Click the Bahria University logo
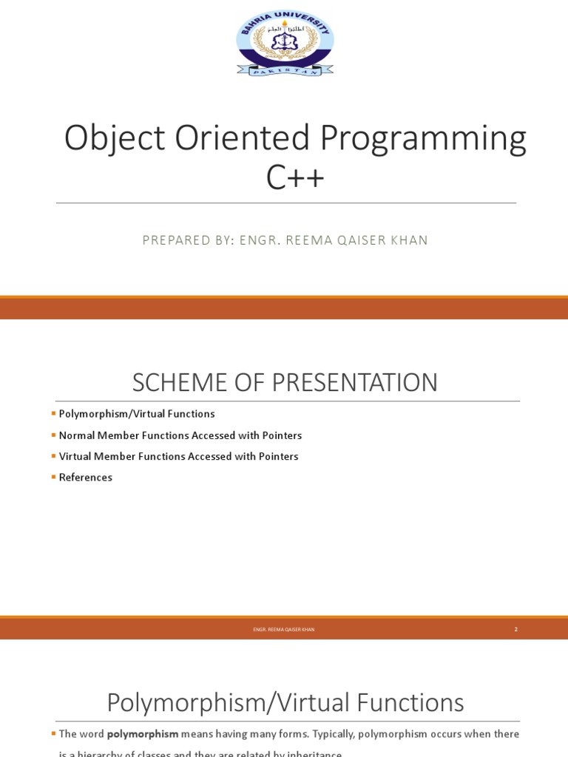(285, 43)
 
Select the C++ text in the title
(294, 177)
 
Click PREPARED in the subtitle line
(176, 240)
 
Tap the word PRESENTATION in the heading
(355, 383)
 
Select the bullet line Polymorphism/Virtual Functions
(137, 414)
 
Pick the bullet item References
(86, 478)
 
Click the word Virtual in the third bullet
(75, 457)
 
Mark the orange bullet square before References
(53, 477)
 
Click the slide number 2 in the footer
(515, 629)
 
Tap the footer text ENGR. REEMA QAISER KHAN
(284, 629)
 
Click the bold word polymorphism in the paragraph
(143, 734)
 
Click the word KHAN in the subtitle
(410, 240)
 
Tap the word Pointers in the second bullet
(282, 435)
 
